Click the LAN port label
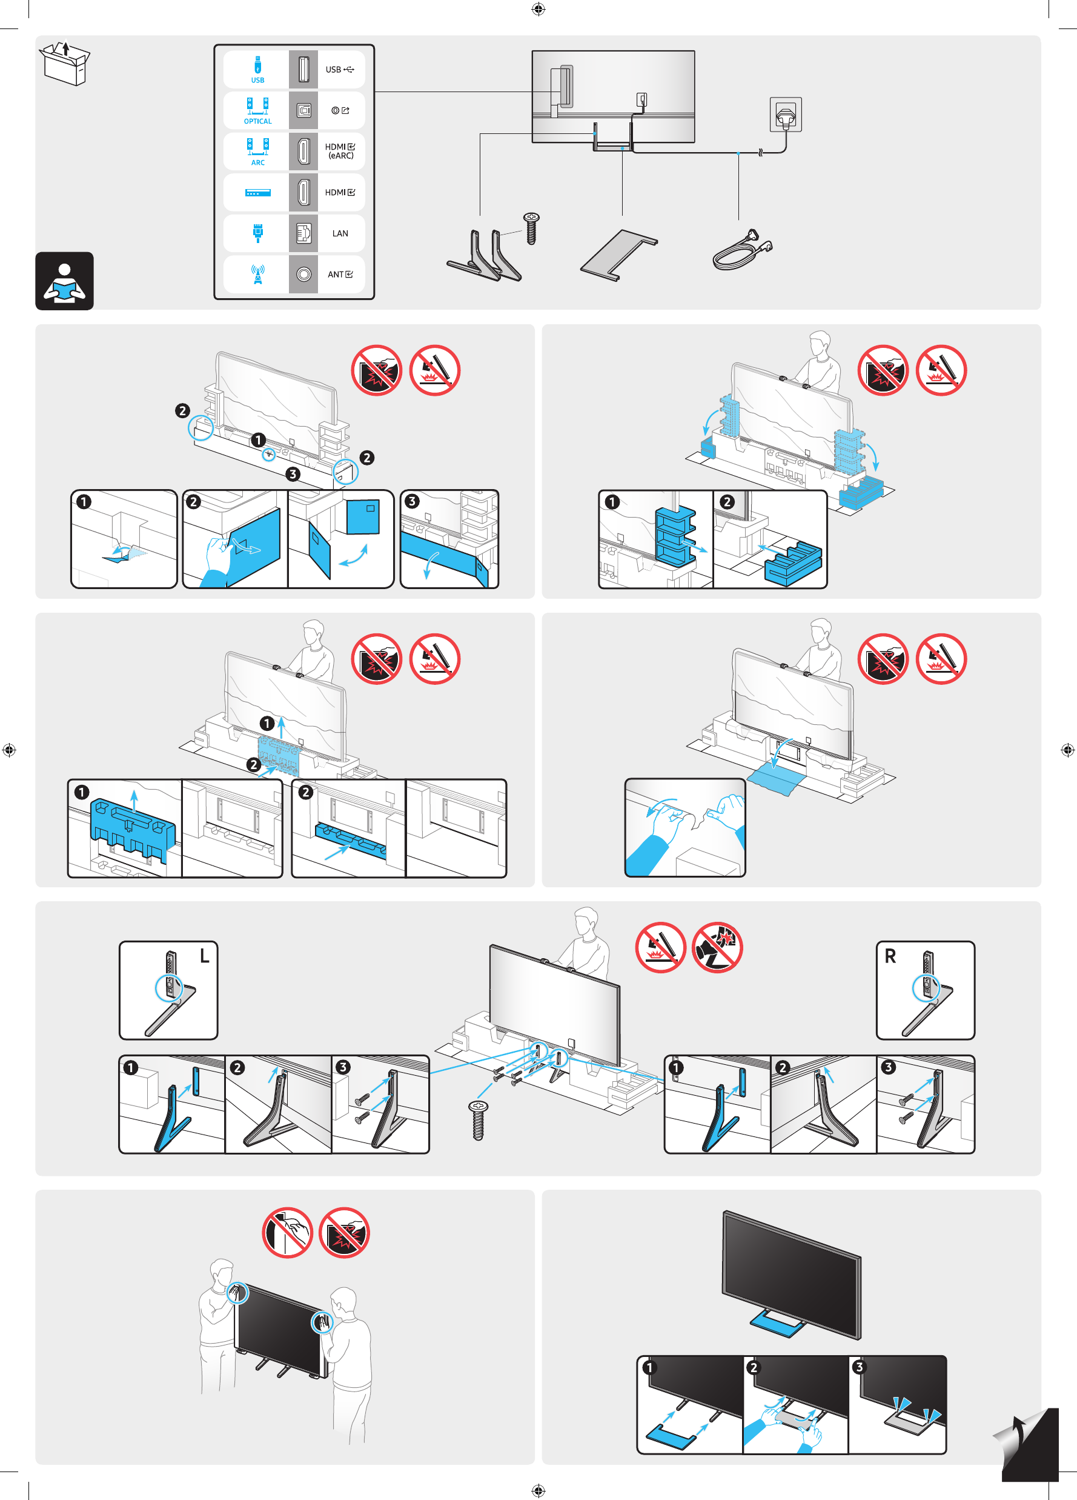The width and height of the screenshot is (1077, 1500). click(x=340, y=233)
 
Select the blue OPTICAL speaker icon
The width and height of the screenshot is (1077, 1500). click(x=257, y=108)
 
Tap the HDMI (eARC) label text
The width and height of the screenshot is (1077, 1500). click(x=340, y=151)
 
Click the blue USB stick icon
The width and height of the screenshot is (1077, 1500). click(x=257, y=66)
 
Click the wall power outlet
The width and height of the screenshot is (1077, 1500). click(x=786, y=115)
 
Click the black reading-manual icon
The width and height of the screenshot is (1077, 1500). click(x=64, y=281)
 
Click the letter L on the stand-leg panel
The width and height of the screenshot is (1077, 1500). click(x=205, y=956)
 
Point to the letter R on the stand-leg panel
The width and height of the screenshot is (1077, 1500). click(x=890, y=956)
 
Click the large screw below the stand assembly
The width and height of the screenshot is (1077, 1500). click(x=478, y=1120)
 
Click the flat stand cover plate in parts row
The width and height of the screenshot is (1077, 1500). click(x=619, y=254)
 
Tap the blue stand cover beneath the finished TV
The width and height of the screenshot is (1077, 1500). click(x=776, y=1324)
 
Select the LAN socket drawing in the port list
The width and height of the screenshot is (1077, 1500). click(x=303, y=233)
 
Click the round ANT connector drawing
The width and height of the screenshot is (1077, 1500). click(x=303, y=275)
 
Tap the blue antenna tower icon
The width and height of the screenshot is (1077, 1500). click(x=257, y=274)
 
